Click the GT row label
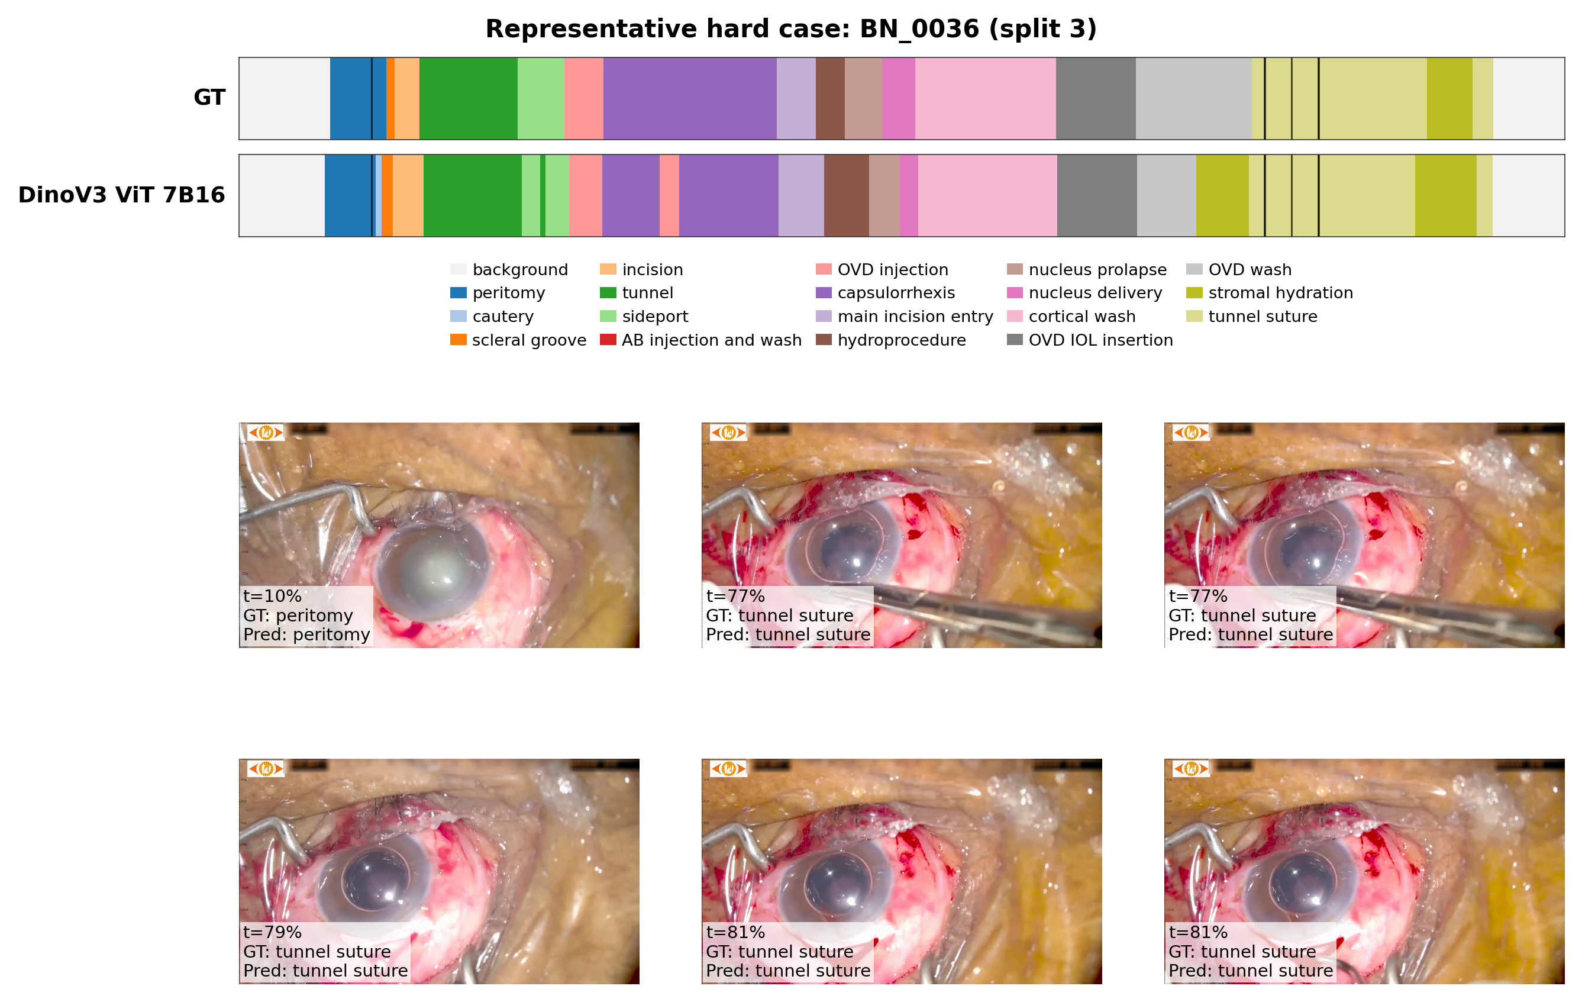(209, 97)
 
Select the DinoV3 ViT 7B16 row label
(121, 195)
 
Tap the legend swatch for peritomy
(458, 292)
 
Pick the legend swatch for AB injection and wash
(608, 340)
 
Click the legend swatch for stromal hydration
(1194, 292)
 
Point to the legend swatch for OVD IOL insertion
(1015, 340)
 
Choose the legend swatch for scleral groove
(458, 340)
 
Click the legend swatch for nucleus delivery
(1015, 292)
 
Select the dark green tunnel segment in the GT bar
(468, 99)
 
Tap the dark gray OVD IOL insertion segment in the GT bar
(1095, 99)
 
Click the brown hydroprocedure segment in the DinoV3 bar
(846, 196)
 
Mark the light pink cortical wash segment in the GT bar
(985, 99)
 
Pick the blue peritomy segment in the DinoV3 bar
(347, 196)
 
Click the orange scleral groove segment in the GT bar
(390, 99)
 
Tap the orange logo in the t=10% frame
(266, 432)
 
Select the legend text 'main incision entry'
(915, 316)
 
